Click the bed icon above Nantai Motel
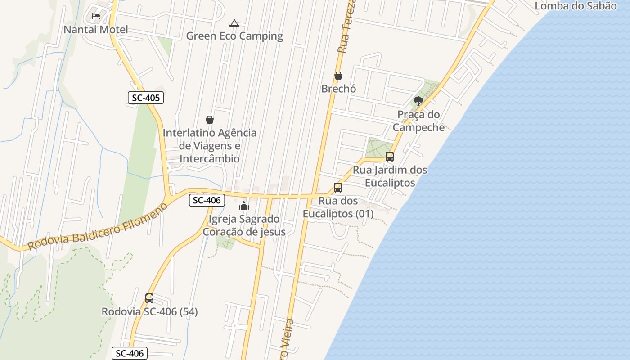point(95,16)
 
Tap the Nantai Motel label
point(96,30)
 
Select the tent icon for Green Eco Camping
point(234,23)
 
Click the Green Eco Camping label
point(234,36)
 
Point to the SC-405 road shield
point(145,98)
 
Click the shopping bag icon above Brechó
point(338,76)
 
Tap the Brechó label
point(338,89)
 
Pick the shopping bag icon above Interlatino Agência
point(210,120)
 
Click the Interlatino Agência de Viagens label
point(210,146)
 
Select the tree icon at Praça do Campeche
point(418,101)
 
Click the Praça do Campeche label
point(418,121)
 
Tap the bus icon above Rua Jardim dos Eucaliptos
point(390,157)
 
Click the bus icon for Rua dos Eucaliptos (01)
point(338,188)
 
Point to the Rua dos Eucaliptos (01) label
point(338,207)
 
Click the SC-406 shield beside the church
point(207,200)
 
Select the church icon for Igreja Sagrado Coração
point(244,206)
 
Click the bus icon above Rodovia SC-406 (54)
point(149,298)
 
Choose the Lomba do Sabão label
point(576,6)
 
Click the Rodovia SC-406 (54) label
point(149,311)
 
